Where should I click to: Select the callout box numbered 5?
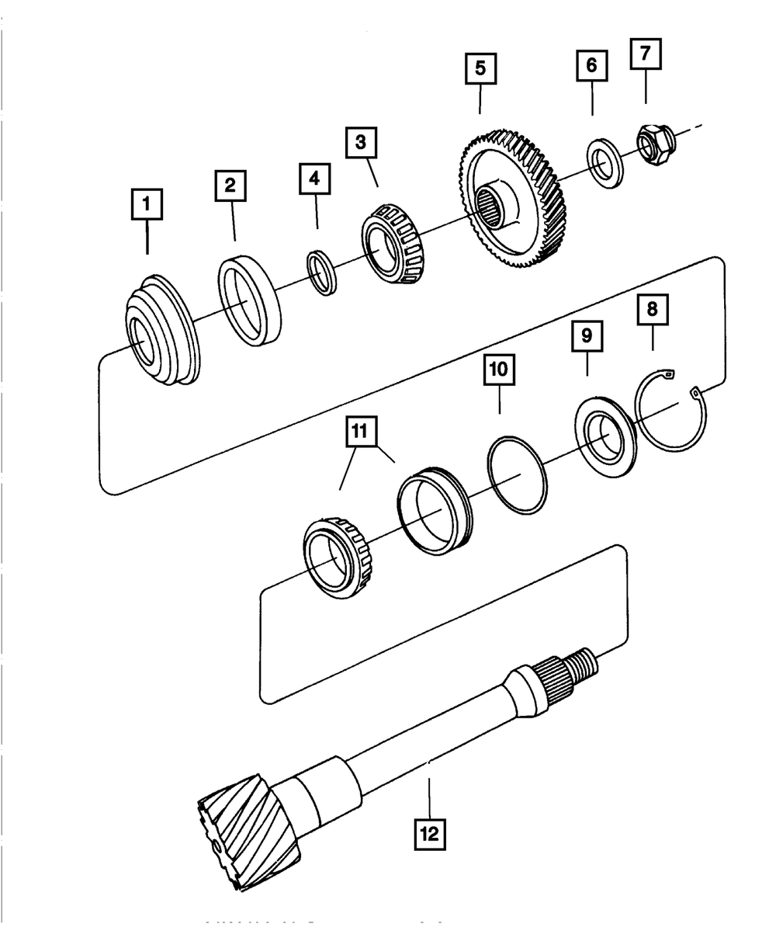[480, 68]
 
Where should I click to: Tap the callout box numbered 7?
[646, 54]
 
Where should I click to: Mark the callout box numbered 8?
[652, 309]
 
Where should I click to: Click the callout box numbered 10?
[499, 370]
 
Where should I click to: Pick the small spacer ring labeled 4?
[323, 271]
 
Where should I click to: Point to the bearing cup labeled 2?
[248, 300]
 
